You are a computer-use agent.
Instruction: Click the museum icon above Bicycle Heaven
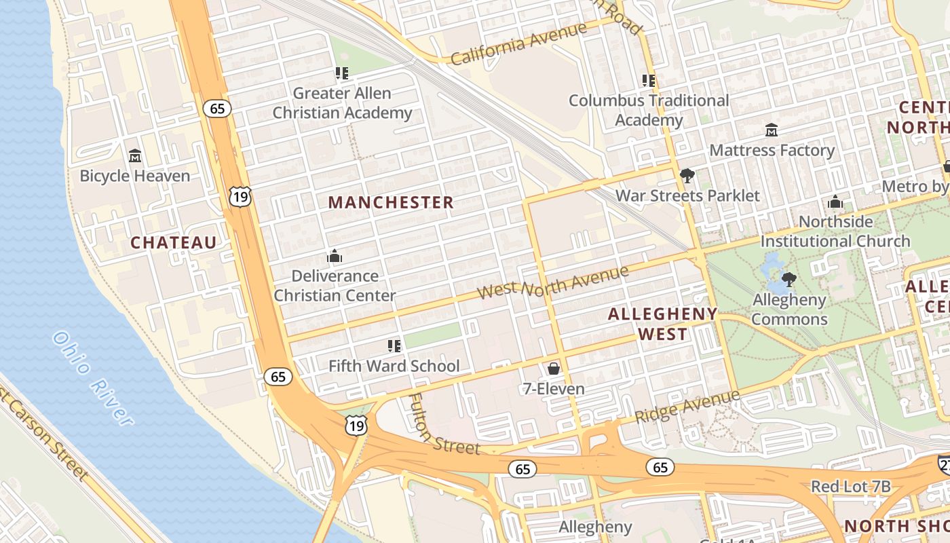134,156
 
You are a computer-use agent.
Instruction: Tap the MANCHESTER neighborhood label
391,202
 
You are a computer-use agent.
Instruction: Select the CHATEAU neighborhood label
174,242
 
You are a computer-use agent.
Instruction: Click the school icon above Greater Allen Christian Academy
342,73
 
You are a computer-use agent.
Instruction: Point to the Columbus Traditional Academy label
649,110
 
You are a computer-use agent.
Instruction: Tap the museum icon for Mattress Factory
772,130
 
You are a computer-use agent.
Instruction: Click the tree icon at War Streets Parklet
687,176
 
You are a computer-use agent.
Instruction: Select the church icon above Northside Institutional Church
835,202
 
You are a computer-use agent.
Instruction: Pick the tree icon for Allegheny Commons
788,280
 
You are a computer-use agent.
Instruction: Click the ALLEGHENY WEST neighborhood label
662,324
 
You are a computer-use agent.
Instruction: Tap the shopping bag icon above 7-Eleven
554,369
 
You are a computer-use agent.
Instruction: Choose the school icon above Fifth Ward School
394,346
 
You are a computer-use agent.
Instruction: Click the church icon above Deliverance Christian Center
335,256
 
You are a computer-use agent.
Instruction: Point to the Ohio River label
92,378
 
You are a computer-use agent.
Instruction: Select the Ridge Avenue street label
687,407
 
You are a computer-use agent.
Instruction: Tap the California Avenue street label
518,44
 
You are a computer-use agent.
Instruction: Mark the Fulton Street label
444,426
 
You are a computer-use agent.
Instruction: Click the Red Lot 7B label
850,487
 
